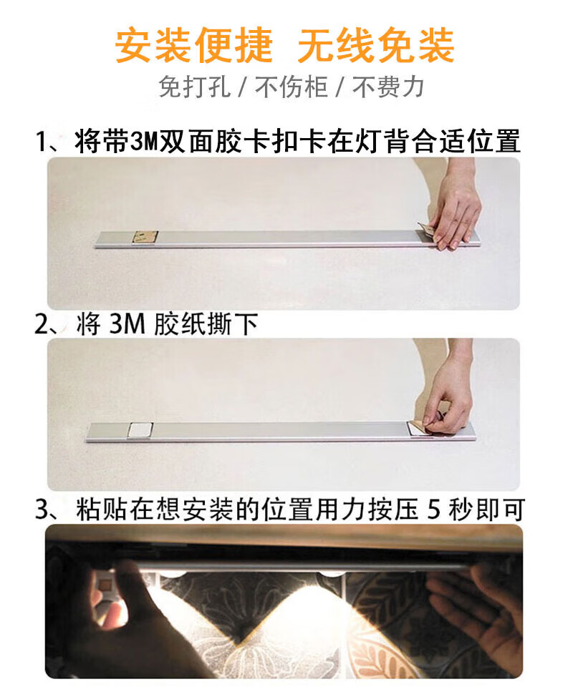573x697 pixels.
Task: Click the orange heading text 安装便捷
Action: [193, 45]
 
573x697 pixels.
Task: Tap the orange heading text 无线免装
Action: [376, 45]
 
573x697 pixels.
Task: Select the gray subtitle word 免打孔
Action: [194, 87]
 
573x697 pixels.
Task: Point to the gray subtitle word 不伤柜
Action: [292, 87]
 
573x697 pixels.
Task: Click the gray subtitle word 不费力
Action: [388, 87]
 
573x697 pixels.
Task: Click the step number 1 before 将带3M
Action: [42, 142]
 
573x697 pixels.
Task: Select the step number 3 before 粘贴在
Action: [42, 510]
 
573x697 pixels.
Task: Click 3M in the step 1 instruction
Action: [145, 142]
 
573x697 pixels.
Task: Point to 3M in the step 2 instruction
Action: [127, 324]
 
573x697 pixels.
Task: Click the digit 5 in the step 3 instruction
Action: [434, 510]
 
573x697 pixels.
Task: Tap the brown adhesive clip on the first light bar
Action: [145, 237]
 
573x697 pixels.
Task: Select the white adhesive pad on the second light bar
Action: [140, 430]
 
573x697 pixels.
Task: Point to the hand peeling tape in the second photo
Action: [447, 391]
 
